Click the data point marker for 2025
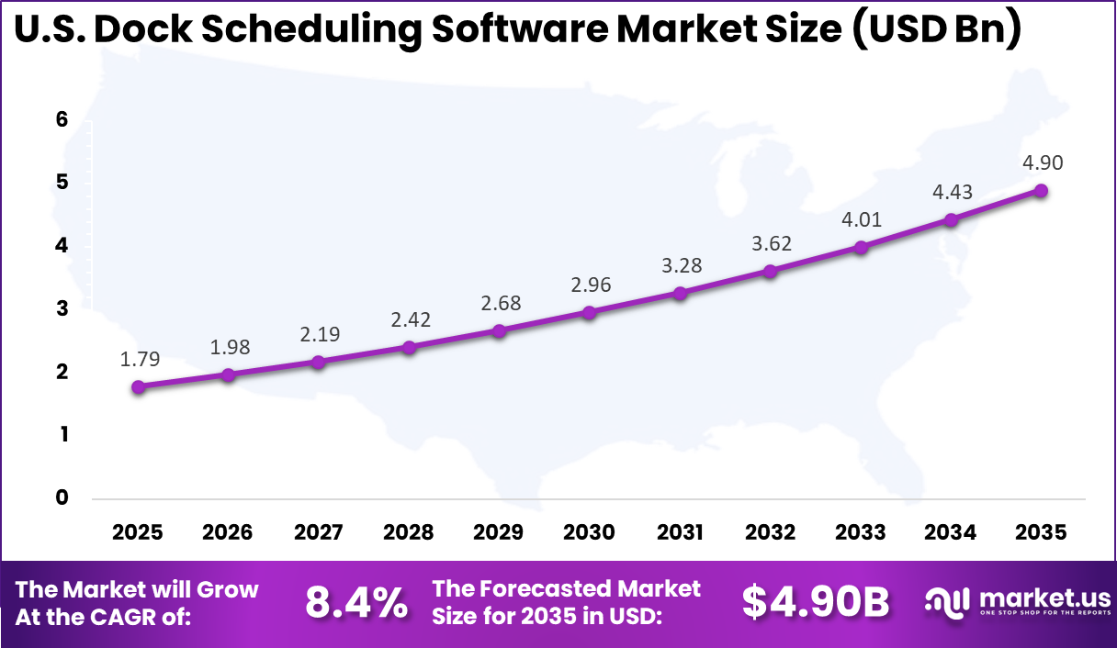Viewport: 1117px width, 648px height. [x=138, y=387]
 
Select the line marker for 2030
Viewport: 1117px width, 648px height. [x=590, y=313]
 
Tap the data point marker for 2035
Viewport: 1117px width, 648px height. [x=1041, y=191]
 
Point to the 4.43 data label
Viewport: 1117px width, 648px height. [x=952, y=192]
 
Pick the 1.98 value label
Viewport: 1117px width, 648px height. [x=229, y=347]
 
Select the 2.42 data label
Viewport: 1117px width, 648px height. [x=410, y=320]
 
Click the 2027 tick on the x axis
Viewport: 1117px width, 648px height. [x=318, y=532]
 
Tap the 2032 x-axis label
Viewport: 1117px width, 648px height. [x=771, y=532]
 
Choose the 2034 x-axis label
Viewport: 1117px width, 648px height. [x=951, y=532]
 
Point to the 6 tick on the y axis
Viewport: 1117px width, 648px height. [x=62, y=119]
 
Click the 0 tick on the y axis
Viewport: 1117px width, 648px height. [x=62, y=498]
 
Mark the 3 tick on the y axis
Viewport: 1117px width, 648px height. [x=62, y=308]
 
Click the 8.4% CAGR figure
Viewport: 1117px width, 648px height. [x=355, y=603]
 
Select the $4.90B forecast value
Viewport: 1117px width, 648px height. [x=815, y=602]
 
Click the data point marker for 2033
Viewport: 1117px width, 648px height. [x=861, y=247]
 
